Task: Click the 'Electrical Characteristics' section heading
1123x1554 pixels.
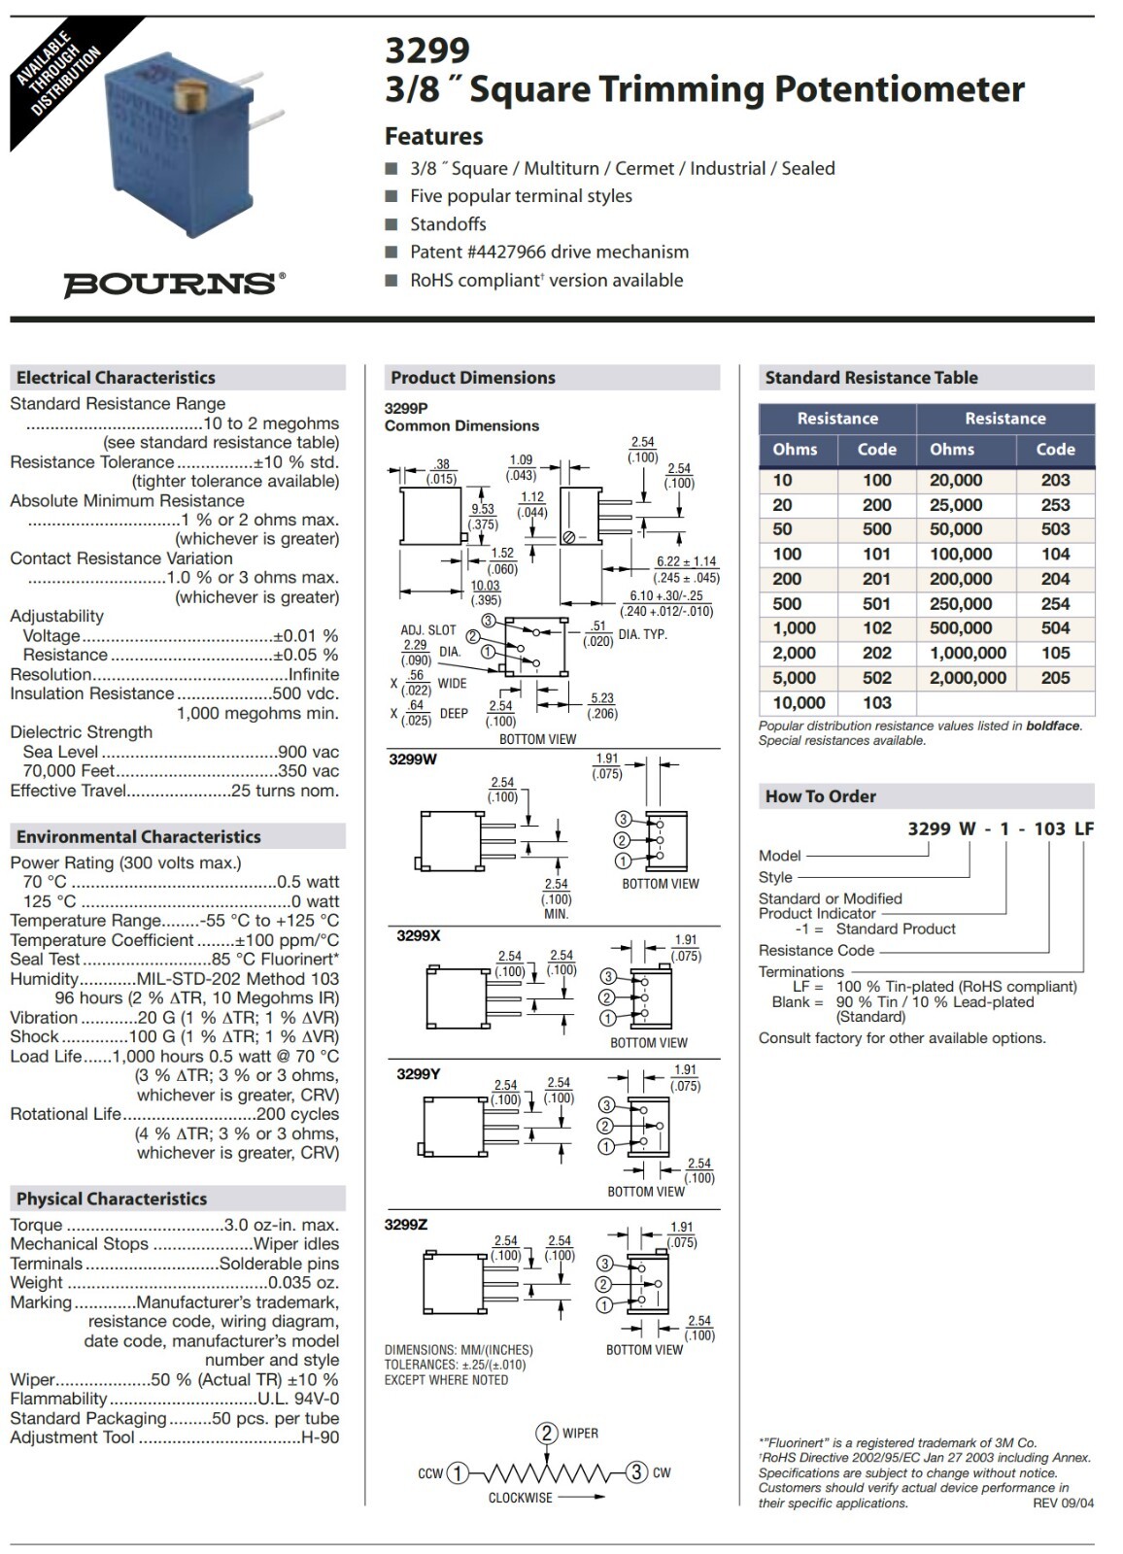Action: (x=116, y=378)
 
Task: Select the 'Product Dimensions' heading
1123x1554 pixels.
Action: (x=473, y=378)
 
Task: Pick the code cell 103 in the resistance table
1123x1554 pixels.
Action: (x=876, y=702)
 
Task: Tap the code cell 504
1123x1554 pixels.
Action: (x=1055, y=628)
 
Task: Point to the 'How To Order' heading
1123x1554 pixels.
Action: (x=821, y=796)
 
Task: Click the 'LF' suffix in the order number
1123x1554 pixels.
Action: (x=1083, y=828)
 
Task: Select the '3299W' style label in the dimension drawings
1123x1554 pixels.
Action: (x=413, y=760)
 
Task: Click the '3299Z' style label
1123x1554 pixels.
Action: (x=406, y=1225)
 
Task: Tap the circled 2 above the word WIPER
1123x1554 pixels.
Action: (x=547, y=1434)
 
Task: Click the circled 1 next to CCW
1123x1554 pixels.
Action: (x=458, y=1472)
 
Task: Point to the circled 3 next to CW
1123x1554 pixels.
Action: (x=636, y=1472)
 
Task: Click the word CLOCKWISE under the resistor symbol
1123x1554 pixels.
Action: (x=520, y=1498)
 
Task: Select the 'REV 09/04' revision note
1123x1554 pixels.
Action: (x=1063, y=1503)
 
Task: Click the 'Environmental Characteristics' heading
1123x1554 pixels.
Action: (x=139, y=837)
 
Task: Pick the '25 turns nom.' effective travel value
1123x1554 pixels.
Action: (x=285, y=791)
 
